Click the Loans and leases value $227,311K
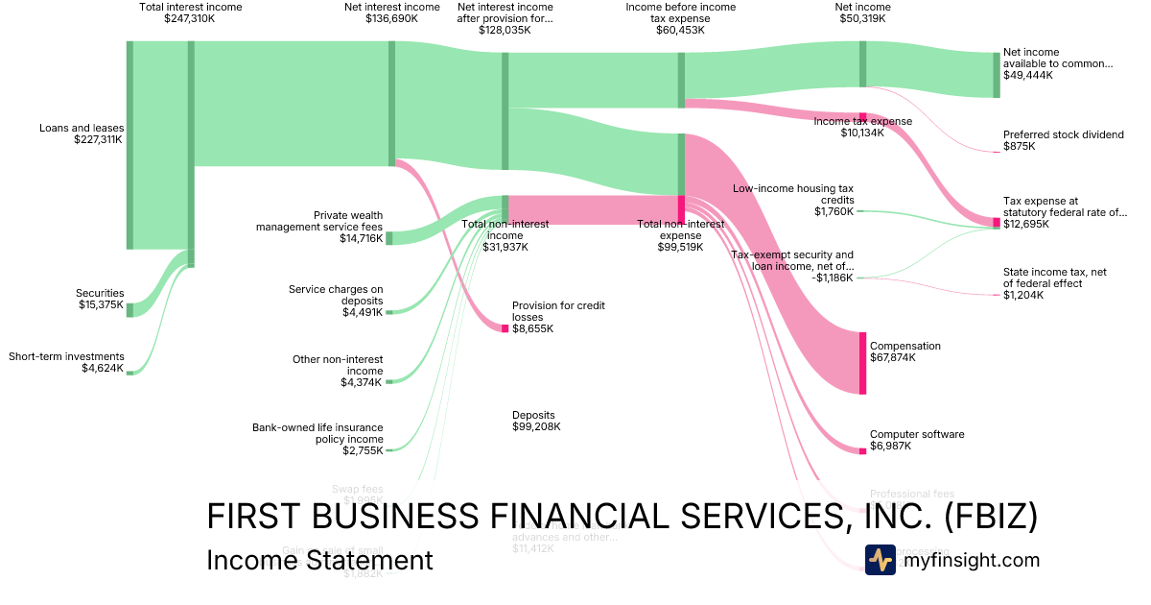(98, 139)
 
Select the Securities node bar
(129, 308)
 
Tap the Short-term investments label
(66, 356)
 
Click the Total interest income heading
(191, 7)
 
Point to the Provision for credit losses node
(505, 328)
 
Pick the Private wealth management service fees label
(320, 221)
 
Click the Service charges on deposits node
(388, 312)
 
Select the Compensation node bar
(862, 361)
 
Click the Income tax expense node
(862, 117)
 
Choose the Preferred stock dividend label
(1063, 134)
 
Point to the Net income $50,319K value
(862, 18)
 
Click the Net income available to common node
(996, 75)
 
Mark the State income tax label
(1054, 278)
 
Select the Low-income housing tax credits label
(792, 194)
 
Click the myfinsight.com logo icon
(880, 560)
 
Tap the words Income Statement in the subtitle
(319, 560)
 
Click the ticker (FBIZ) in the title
(987, 517)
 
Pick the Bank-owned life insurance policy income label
(317, 433)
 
